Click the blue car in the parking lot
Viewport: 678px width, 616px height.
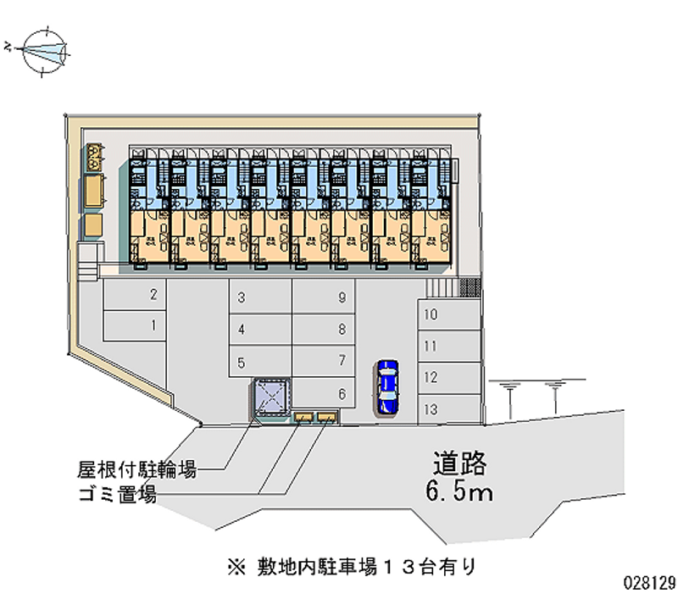(x=387, y=386)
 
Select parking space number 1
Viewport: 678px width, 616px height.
(x=136, y=325)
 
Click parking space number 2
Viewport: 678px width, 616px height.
(x=136, y=296)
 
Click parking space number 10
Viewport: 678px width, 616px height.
(x=449, y=314)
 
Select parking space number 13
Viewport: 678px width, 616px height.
(x=449, y=408)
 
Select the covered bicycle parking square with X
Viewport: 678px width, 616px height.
(x=272, y=400)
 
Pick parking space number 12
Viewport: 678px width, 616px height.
(x=449, y=377)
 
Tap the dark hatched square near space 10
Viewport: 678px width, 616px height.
(x=470, y=286)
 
